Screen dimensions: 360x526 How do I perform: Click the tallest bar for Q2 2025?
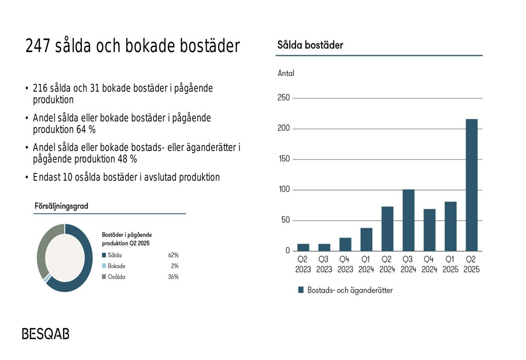point(471,184)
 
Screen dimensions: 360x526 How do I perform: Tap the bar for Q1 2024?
point(366,239)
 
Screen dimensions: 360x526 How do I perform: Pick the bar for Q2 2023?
point(303,247)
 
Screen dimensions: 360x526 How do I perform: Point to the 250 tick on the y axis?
point(284,98)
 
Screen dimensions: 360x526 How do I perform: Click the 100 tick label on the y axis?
point(284,190)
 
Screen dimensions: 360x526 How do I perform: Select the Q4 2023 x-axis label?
point(345,264)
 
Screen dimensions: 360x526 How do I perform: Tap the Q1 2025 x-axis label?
point(450,264)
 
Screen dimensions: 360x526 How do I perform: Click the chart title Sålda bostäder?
point(310,45)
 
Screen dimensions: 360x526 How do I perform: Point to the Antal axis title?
point(286,73)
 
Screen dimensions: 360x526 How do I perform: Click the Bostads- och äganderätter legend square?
point(301,290)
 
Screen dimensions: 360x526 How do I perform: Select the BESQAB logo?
point(45,334)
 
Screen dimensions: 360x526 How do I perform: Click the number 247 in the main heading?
point(37,46)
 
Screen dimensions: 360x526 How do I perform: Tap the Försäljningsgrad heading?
point(61,206)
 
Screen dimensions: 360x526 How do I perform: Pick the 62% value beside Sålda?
point(173,255)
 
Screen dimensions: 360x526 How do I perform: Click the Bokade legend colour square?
point(104,266)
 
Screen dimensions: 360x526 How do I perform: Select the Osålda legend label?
point(116,276)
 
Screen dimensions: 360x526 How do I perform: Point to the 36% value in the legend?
point(173,276)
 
